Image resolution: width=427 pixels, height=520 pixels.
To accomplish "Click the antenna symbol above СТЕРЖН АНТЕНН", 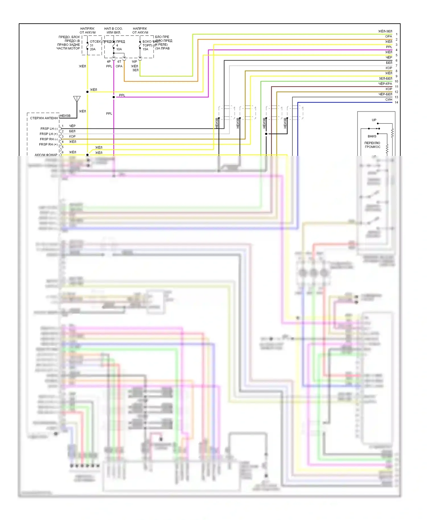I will point(77,99).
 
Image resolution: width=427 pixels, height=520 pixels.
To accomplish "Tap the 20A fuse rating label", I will point(93,49).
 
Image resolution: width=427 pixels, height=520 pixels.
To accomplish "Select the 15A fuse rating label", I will point(145,49).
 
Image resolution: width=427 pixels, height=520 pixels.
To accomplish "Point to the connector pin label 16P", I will point(134,61).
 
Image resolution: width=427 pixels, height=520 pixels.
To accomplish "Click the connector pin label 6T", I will point(119,61).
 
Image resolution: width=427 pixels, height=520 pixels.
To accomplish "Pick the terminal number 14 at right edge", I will point(396,102).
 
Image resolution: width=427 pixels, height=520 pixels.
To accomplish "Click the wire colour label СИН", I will point(389,100).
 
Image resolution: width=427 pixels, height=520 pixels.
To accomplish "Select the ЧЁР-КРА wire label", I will point(385,84).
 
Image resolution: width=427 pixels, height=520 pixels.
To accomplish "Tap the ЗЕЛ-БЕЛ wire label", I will point(385,79).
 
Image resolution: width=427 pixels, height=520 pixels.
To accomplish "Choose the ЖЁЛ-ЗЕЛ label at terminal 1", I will point(385,31).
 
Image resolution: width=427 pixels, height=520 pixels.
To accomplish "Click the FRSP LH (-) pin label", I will point(49,129).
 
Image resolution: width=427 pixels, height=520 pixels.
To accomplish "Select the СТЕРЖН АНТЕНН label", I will point(44,118).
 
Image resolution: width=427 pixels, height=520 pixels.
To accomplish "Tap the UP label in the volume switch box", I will point(374,120).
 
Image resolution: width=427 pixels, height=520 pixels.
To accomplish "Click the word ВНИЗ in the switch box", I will point(372,136).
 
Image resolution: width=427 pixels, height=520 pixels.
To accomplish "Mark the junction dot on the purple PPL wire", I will point(114,97).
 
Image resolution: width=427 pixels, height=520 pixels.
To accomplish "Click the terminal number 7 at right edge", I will point(396,66).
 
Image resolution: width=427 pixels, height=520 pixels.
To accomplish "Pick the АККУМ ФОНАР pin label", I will point(46,155).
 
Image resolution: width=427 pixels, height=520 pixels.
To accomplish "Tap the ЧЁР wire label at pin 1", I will point(72,126).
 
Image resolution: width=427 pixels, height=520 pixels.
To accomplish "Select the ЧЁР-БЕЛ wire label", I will point(385,94).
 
